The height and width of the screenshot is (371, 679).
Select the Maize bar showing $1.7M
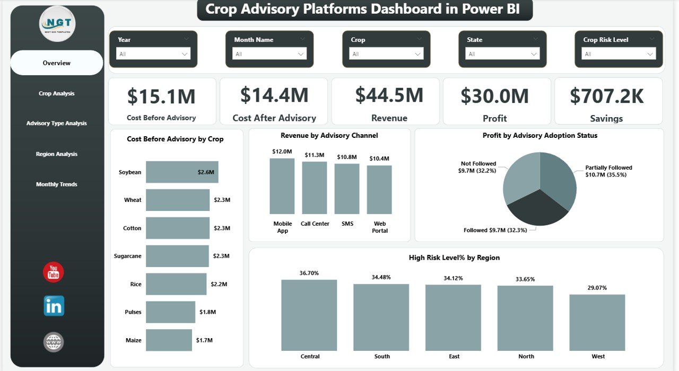click(169, 340)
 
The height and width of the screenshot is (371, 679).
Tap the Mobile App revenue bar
click(282, 186)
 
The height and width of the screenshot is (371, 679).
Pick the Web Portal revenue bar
click(379, 190)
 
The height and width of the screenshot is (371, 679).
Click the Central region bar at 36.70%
click(309, 315)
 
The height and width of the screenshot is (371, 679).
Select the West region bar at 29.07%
click(597, 322)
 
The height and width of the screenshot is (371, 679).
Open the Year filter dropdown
click(153, 54)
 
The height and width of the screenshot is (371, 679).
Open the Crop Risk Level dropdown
click(619, 54)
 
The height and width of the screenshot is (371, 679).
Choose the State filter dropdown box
click(502, 54)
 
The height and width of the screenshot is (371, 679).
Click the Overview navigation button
click(57, 63)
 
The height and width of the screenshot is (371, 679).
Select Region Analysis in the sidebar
click(57, 154)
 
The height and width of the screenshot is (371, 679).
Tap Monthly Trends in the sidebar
click(57, 184)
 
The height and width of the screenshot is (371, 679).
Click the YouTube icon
click(54, 272)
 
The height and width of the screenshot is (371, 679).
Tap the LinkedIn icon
click(54, 306)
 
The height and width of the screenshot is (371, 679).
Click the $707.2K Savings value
click(606, 96)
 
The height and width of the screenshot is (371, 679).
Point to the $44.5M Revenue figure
click(389, 95)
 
